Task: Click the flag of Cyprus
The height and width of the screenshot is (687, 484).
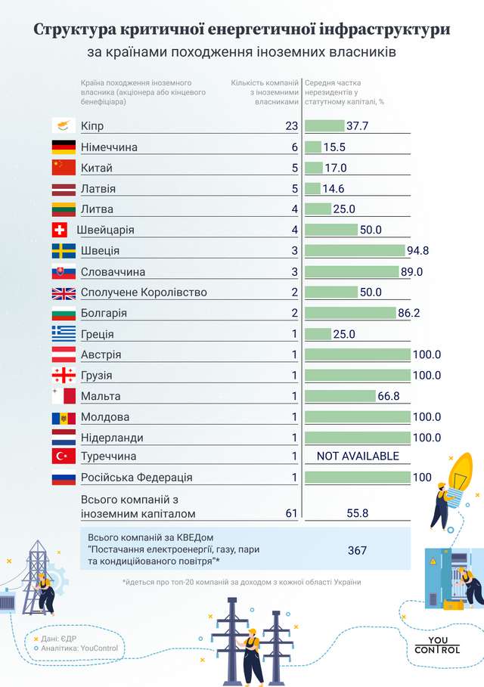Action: tap(63, 126)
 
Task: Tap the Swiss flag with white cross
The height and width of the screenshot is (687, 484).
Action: tap(63, 230)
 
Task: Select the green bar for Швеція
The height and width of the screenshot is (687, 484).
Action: tap(355, 251)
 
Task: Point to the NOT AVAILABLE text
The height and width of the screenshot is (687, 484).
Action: tap(358, 456)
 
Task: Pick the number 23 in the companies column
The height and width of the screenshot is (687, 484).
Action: tap(292, 126)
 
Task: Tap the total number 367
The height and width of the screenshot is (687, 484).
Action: tap(357, 550)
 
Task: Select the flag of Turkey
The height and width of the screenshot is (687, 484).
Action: tap(63, 456)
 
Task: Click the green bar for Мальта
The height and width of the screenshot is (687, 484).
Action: tap(340, 396)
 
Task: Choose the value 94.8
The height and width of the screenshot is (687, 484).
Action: tap(420, 251)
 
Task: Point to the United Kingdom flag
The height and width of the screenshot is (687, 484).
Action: tap(63, 292)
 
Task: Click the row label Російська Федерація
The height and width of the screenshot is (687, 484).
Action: tap(136, 478)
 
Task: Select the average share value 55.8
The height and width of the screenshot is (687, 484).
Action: tap(357, 513)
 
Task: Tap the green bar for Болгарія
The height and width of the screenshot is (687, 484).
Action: tap(351, 313)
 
